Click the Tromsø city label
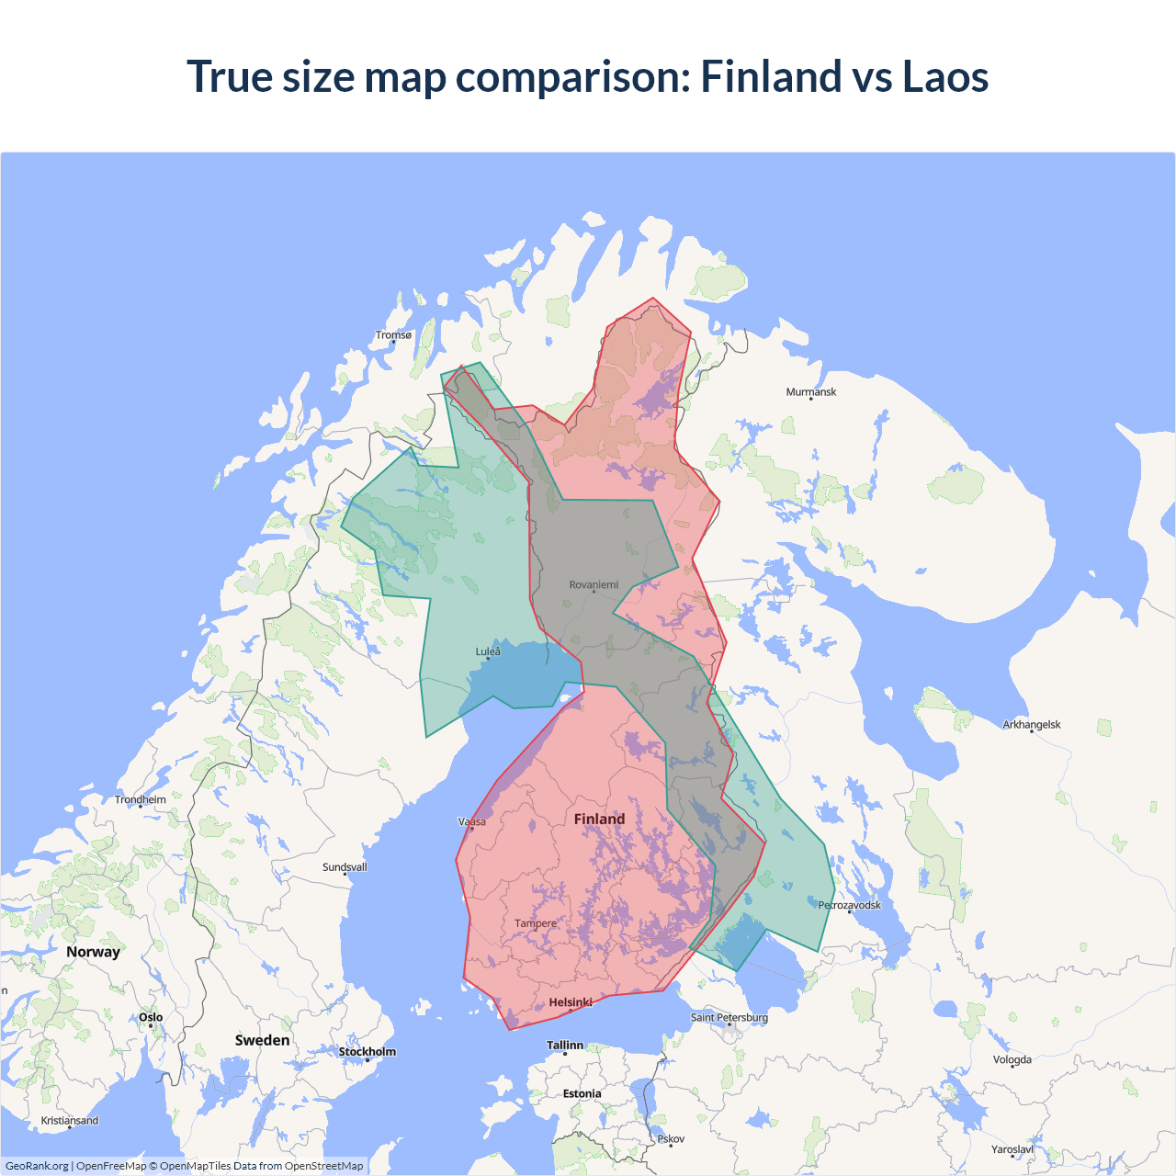(393, 335)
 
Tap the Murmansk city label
(811, 392)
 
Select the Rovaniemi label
(594, 584)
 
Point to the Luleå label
(488, 651)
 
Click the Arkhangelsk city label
(1032, 725)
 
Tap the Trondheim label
(141, 799)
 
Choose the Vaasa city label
(472, 821)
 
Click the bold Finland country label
(599, 819)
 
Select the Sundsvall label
(345, 867)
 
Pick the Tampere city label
(536, 923)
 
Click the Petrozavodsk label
(849, 905)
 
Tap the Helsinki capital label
(571, 1002)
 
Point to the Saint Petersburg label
(729, 1017)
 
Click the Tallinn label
(565, 1046)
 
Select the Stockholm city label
(367, 1052)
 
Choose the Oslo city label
(151, 1017)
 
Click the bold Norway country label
(93, 952)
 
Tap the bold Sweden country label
(262, 1040)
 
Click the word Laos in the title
(944, 76)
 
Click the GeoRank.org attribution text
(37, 1166)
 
